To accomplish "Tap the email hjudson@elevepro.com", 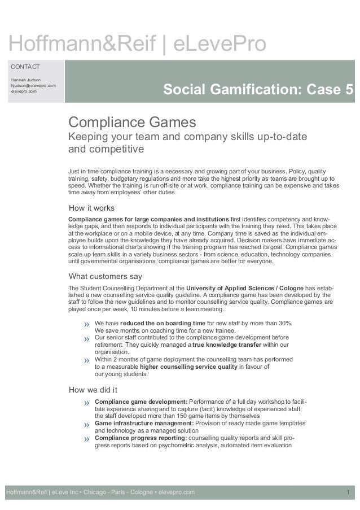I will point(33,85).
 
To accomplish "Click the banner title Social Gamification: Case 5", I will point(258,90).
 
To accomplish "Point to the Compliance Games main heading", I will point(132,122).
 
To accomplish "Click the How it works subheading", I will point(91,207).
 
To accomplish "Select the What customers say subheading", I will point(105,276).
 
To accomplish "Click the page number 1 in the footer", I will point(349,492).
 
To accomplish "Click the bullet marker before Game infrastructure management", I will point(87,424).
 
